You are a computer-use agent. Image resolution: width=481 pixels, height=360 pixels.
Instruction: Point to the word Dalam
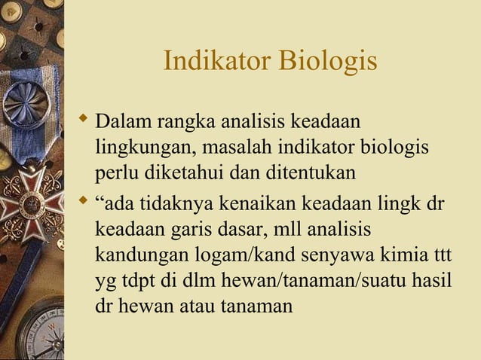point(121,121)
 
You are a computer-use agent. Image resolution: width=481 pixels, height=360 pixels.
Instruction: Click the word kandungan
point(134,256)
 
